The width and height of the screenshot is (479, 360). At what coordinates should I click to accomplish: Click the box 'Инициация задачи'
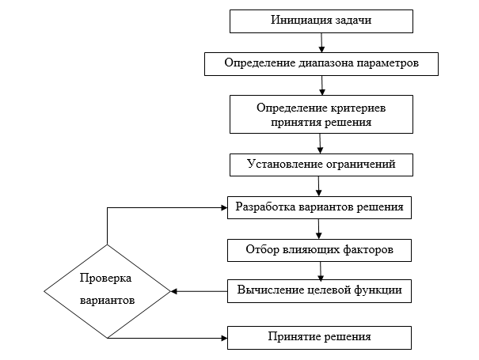pos(320,21)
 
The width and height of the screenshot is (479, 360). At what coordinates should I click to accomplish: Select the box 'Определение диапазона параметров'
pos(320,63)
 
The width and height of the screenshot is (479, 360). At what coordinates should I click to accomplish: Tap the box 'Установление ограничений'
pos(320,165)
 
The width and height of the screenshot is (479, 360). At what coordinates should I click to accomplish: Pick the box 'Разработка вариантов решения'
pos(320,208)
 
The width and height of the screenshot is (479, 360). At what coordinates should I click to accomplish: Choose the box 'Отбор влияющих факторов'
pos(320,250)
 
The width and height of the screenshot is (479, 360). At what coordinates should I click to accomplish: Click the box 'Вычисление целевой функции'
pos(320,291)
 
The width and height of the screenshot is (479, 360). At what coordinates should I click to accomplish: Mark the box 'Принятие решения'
pos(320,338)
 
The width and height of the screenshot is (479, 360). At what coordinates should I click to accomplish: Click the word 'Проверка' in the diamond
pos(105,279)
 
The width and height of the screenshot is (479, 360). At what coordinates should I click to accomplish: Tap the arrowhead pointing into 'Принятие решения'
pos(223,338)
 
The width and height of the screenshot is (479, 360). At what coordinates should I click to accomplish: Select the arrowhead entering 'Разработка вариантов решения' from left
pos(223,208)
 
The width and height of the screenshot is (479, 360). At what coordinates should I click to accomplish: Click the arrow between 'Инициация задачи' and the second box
pos(321,42)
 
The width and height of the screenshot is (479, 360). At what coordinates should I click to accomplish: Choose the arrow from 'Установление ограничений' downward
pos(318,186)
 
